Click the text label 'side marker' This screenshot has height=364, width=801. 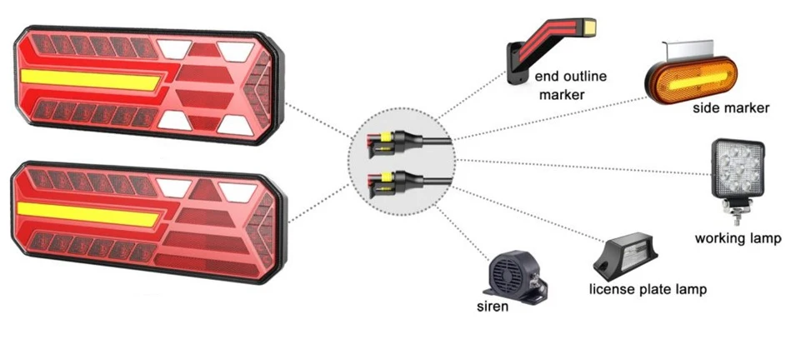730,108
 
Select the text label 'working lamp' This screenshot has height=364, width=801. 738,239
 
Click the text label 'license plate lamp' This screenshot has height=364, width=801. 648,290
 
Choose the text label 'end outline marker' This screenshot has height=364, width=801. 571,86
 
